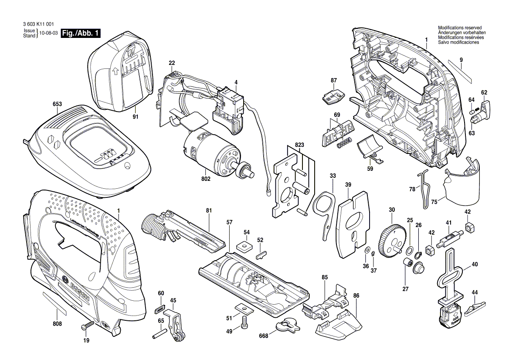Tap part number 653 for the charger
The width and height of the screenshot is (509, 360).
click(57, 104)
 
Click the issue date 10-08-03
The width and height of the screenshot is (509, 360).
click(48, 33)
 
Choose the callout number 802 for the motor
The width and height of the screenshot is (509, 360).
click(206, 179)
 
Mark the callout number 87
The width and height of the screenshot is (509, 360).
click(334, 80)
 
